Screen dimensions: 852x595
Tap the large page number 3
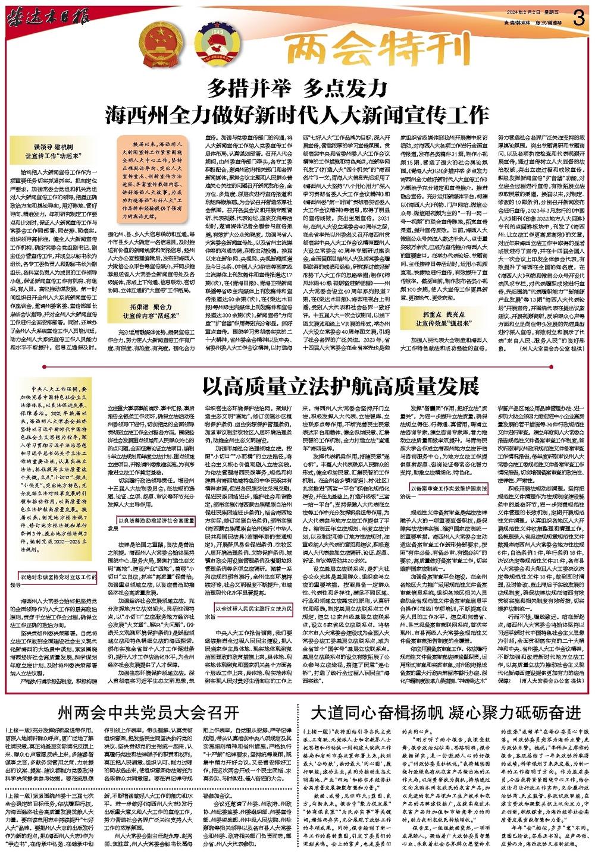point(577,17)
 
